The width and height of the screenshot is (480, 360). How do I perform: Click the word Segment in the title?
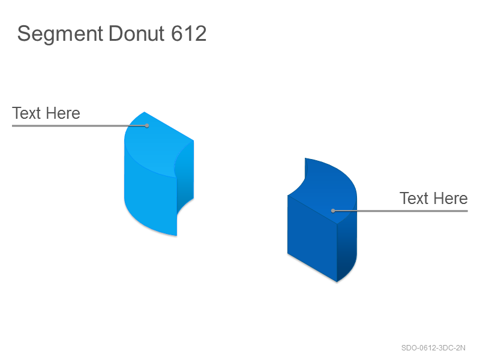[x=60, y=34]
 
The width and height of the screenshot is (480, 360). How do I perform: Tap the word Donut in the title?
[x=137, y=34]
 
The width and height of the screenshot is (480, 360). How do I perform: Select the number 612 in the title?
[x=189, y=34]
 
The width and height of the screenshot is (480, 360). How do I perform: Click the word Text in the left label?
[x=26, y=113]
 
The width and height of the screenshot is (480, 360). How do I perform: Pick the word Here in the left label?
[x=64, y=113]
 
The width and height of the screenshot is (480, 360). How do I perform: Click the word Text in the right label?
[x=414, y=198]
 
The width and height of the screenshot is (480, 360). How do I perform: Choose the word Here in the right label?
[x=451, y=198]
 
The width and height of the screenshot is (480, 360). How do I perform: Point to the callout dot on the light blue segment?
[x=147, y=125]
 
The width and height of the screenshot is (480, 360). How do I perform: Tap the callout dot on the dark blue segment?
[x=333, y=211]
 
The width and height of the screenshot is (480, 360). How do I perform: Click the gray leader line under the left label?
[x=80, y=125]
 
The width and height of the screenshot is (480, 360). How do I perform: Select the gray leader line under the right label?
[x=400, y=211]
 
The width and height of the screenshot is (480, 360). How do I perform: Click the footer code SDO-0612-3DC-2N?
[x=433, y=348]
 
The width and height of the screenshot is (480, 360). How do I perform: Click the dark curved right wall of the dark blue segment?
[x=347, y=245]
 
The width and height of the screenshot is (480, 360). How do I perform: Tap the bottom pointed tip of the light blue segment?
[x=176, y=236]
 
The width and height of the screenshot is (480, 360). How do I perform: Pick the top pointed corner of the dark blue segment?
[x=305, y=158]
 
